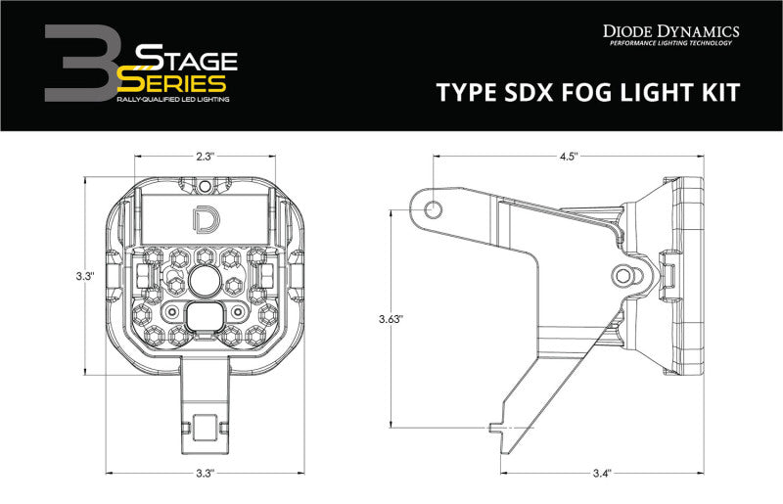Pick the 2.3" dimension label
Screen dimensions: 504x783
tap(206, 155)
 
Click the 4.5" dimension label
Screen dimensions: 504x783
tap(569, 155)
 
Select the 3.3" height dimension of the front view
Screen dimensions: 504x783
tap(85, 277)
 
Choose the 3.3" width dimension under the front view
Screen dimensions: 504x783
tap(206, 474)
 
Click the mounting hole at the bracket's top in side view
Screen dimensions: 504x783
tap(428, 206)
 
